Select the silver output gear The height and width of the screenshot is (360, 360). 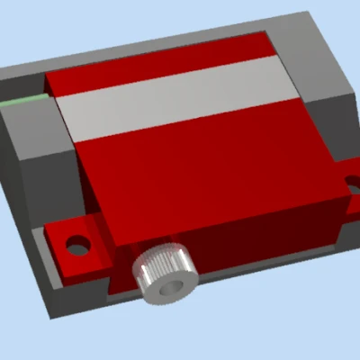[x=164, y=273]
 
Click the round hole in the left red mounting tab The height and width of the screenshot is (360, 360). [x=78, y=244]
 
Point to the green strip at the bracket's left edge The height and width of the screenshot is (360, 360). [x=24, y=100]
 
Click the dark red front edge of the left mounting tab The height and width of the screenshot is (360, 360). [x=85, y=265]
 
